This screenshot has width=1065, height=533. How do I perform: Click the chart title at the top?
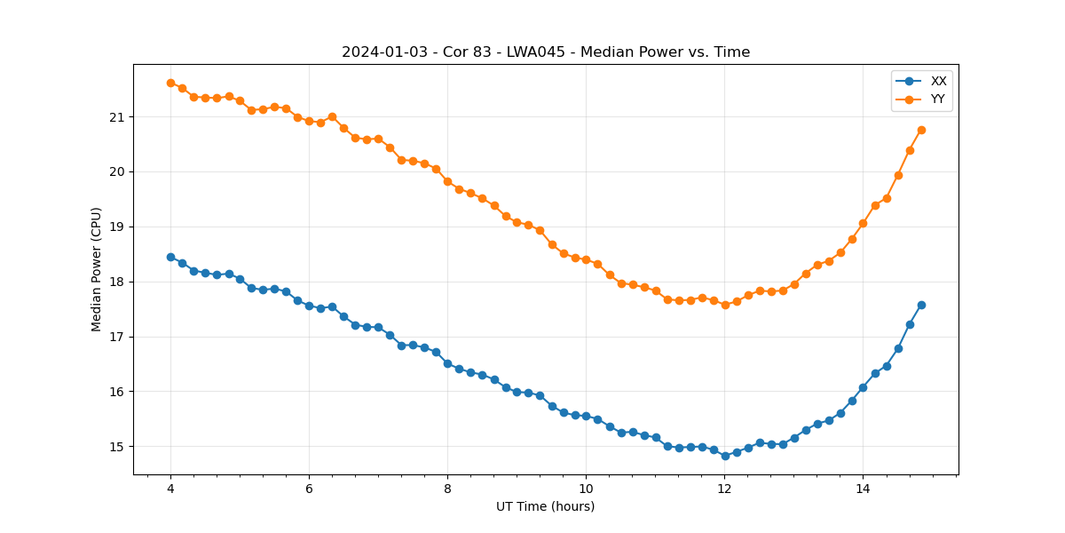pos(546,52)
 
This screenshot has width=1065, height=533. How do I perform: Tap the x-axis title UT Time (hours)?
pos(545,506)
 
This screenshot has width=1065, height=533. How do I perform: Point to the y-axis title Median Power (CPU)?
pos(97,269)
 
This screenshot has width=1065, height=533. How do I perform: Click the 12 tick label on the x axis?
pos(724,488)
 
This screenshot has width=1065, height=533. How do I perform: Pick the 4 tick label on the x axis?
pos(170,488)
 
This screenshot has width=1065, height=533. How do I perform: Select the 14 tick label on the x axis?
pos(863,488)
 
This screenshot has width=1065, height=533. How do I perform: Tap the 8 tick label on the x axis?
pos(447,488)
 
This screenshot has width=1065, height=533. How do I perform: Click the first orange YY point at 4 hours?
pos(170,83)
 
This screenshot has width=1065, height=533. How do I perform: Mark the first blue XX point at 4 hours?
pos(170,257)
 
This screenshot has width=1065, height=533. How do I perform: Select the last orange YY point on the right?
pos(921,130)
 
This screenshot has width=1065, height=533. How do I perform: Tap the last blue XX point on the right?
pos(921,305)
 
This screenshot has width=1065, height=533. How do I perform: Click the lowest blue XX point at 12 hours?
pos(725,456)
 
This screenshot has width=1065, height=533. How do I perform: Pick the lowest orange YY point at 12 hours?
pos(725,305)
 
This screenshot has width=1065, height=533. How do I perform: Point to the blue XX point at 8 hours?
pos(447,363)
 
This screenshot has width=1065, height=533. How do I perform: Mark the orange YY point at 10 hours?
pos(586,259)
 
